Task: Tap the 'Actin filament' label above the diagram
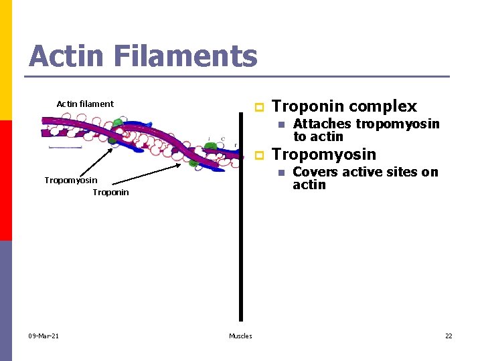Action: click(85, 104)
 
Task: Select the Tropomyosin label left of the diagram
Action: click(70, 180)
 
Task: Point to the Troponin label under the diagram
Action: click(110, 193)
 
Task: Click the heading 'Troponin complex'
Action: click(344, 106)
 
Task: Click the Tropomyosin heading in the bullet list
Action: click(324, 154)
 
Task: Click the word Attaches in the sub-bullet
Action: click(321, 124)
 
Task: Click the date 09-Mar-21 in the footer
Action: click(44, 336)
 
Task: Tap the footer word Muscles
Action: click(240, 336)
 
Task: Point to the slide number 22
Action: click(449, 336)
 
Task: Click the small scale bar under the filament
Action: click(65, 146)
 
